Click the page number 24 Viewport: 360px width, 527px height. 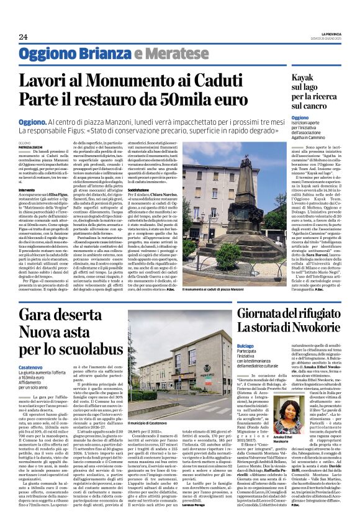[23, 37]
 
